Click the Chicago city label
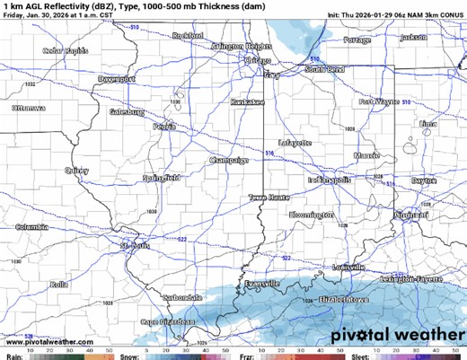[x=259, y=60]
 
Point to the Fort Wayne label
[x=378, y=102]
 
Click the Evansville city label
[x=261, y=283]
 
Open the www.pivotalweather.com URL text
[x=49, y=341]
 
